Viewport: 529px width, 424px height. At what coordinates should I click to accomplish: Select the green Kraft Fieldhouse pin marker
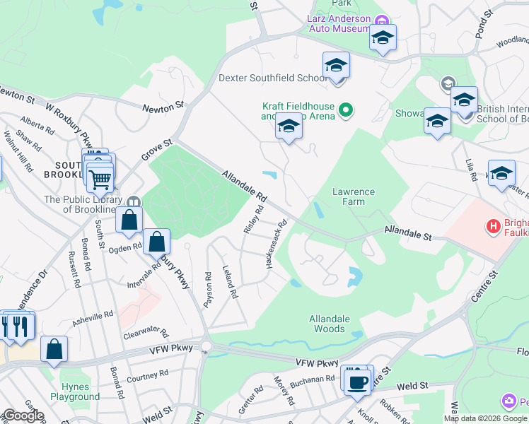[x=346, y=110]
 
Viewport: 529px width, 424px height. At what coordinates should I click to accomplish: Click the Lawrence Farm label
[x=354, y=196]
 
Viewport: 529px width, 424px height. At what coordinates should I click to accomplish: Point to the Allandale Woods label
[x=330, y=324]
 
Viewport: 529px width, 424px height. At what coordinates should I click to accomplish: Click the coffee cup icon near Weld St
[x=356, y=382]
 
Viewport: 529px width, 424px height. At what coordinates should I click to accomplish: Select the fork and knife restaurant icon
[x=19, y=326]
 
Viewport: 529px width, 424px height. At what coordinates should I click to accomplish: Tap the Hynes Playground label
[x=80, y=391]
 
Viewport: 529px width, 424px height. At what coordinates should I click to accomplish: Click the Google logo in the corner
[x=23, y=416]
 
